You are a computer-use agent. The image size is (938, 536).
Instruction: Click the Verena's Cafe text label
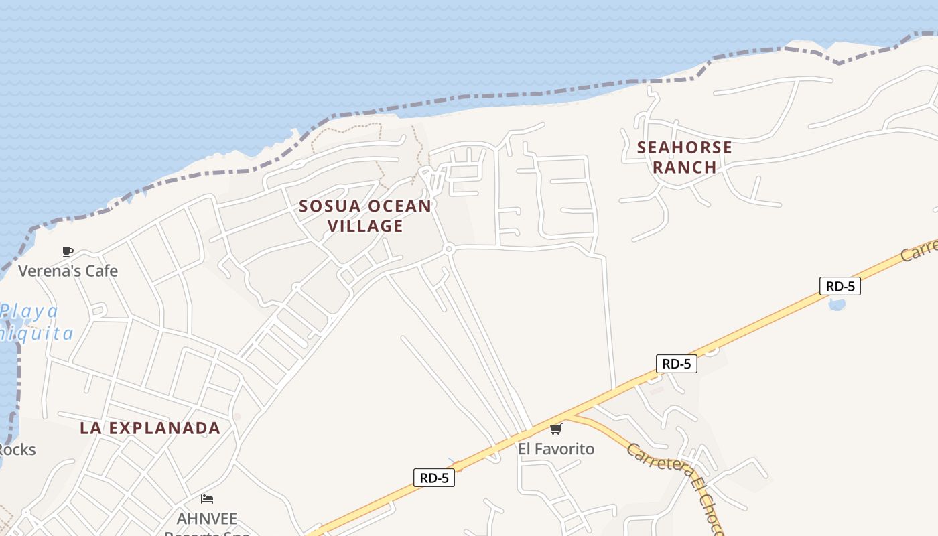68,271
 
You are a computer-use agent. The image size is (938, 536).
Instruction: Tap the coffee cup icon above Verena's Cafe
68,252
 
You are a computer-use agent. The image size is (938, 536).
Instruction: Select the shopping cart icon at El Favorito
555,429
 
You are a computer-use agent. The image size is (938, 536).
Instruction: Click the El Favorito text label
556,448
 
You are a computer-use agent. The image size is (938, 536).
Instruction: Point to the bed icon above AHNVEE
207,499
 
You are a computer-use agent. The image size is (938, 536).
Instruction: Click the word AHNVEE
207,519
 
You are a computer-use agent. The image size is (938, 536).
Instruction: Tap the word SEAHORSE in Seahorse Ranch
684,147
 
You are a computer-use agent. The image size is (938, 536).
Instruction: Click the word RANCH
684,167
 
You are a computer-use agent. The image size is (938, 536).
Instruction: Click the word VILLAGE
366,226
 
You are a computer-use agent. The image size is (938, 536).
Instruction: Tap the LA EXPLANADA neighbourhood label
150,428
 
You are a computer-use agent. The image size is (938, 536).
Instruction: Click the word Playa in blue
29,312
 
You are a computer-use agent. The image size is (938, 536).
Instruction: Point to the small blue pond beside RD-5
837,305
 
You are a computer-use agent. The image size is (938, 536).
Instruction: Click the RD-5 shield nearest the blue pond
840,286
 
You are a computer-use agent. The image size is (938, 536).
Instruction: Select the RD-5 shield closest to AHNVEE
434,478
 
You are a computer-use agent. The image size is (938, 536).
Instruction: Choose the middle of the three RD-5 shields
676,364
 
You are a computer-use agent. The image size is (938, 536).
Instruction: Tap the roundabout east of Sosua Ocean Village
449,249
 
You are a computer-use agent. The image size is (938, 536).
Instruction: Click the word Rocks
17,449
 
